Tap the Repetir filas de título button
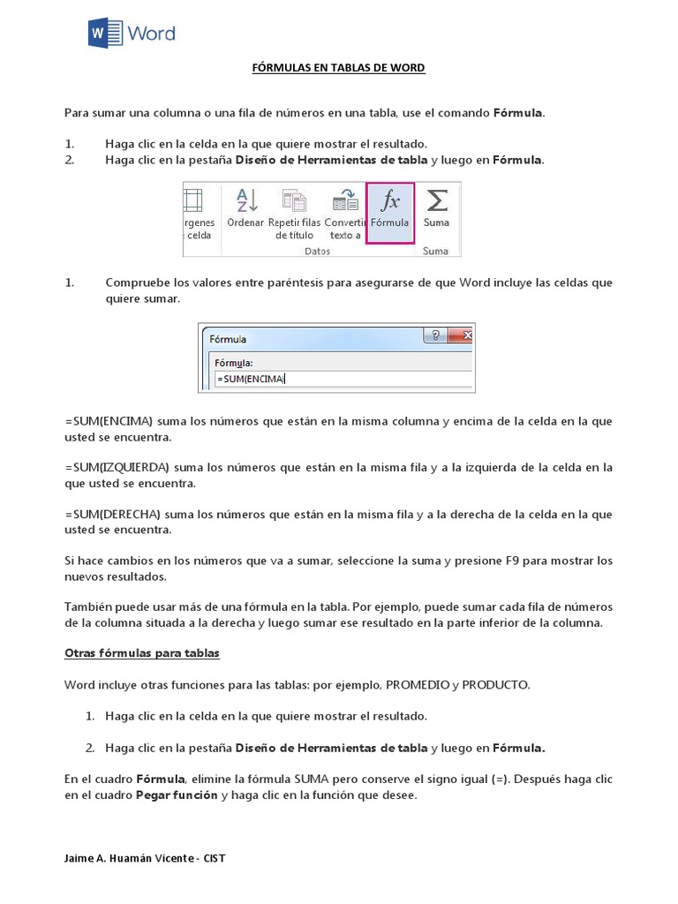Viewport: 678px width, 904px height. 293,213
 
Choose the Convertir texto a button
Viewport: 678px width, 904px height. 344,213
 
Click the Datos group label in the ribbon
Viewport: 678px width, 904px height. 316,251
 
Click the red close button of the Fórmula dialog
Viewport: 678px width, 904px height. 463,335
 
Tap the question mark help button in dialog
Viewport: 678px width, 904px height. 434,335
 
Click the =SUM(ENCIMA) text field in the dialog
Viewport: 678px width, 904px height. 340,380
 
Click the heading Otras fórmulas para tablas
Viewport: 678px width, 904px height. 141,653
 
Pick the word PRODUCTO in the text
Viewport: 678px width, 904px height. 496,685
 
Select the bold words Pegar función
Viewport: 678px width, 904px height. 176,795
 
